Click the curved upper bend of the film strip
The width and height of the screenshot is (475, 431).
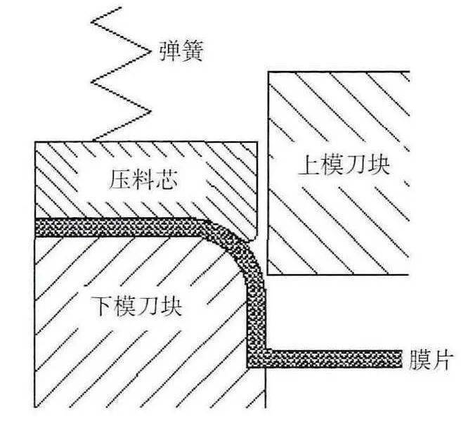[242, 243]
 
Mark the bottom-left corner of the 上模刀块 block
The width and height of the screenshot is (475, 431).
[269, 274]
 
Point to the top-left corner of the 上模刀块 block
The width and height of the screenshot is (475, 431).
[269, 72]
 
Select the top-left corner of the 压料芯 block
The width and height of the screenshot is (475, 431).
[36, 143]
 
